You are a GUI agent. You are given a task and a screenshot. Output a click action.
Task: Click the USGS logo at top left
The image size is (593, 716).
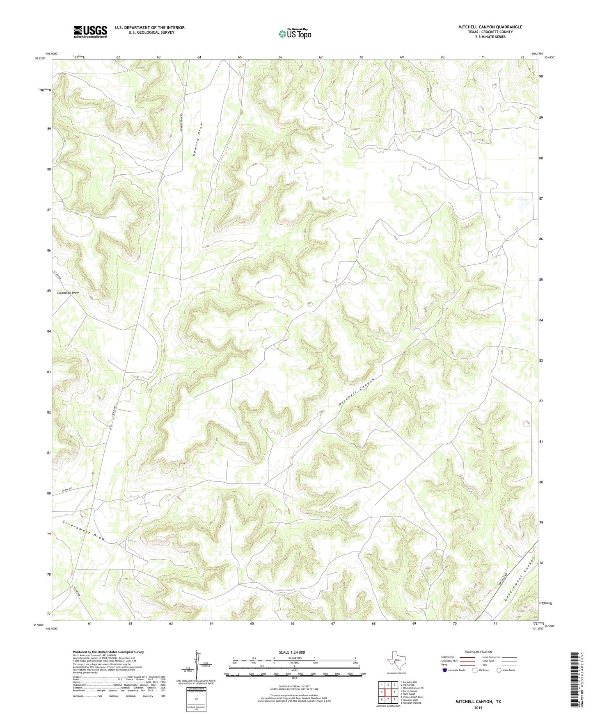[x=90, y=31]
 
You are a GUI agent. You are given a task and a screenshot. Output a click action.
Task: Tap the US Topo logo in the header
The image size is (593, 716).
[x=294, y=34]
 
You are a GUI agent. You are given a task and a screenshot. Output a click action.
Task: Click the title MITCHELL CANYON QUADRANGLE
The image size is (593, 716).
[x=490, y=27]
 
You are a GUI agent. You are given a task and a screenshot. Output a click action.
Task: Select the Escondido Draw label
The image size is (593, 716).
[x=68, y=293]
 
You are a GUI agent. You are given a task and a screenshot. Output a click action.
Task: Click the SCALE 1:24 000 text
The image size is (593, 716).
[x=292, y=652]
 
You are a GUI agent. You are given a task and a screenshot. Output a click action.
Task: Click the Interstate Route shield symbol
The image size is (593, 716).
[x=445, y=670]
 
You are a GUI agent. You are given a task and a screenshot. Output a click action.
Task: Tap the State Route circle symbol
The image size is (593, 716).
[x=499, y=670]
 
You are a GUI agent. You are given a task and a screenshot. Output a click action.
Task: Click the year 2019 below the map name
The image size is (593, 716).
[x=478, y=708]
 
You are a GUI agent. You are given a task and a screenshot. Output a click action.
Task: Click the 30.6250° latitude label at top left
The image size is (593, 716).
[x=40, y=58]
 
